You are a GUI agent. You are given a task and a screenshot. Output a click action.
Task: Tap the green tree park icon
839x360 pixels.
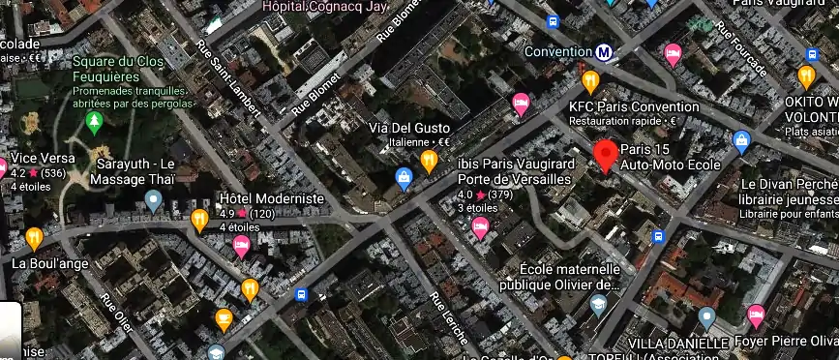[x=94, y=122]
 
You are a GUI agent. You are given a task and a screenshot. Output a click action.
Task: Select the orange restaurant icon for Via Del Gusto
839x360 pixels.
[x=430, y=160]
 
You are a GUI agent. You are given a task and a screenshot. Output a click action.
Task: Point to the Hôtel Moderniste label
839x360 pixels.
[x=273, y=197]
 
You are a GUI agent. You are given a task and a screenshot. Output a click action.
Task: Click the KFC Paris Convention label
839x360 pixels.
[x=634, y=106]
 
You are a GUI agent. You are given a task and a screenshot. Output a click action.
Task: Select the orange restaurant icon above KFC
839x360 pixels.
[x=589, y=80]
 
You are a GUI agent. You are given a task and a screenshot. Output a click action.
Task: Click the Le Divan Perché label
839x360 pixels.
[x=790, y=184]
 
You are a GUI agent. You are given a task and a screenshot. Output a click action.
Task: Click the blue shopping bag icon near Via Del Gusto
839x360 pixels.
[x=405, y=177]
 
